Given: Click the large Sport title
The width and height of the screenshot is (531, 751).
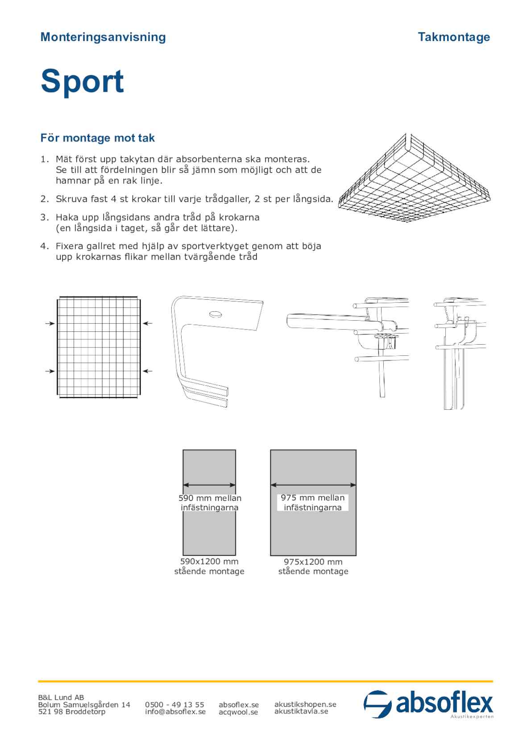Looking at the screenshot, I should point(82,81).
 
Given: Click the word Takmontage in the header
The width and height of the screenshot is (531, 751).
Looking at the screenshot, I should point(454,37).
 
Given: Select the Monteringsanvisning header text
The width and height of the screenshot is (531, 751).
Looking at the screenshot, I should point(103,37).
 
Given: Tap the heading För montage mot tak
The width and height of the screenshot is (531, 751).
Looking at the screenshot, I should point(97,138).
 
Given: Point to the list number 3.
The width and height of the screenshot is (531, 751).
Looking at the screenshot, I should point(44,218).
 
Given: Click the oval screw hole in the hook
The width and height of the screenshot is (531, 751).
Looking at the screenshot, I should point(216,314).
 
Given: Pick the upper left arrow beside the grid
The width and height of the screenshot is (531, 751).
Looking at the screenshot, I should point(50,323).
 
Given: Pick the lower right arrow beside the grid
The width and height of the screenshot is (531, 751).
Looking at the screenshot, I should point(148,371).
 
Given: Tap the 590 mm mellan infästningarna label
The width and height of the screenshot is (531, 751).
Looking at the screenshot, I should point(210,503).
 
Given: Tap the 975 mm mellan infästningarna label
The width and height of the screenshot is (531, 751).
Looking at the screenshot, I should point(313,503).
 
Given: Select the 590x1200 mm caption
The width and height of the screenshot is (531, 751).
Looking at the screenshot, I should point(209,561).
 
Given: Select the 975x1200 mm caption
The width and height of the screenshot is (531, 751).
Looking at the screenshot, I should point(313,562).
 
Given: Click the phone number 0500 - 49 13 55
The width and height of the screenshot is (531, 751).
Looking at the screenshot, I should point(174,705).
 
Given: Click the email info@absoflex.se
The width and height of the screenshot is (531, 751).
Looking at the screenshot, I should point(175,712).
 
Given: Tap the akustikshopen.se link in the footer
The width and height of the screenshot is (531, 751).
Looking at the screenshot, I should point(305,704).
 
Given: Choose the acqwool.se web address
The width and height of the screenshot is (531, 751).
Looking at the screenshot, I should point(238,712).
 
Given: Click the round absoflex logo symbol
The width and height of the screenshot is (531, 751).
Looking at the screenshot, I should point(377,704).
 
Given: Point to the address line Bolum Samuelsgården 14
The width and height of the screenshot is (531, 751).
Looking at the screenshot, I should point(84,705).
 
